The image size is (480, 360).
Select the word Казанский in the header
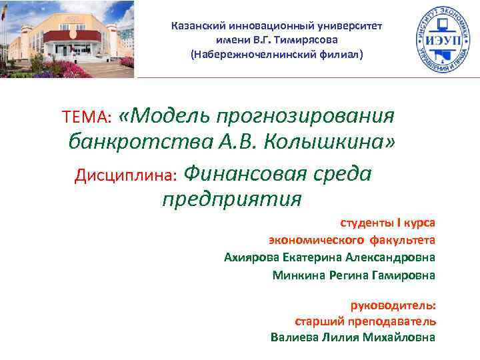[198, 26]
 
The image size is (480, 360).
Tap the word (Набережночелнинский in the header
[248, 54]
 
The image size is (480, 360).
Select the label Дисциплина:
[125, 175]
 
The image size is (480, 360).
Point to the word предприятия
[231, 198]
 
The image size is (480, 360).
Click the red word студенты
[366, 223]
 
